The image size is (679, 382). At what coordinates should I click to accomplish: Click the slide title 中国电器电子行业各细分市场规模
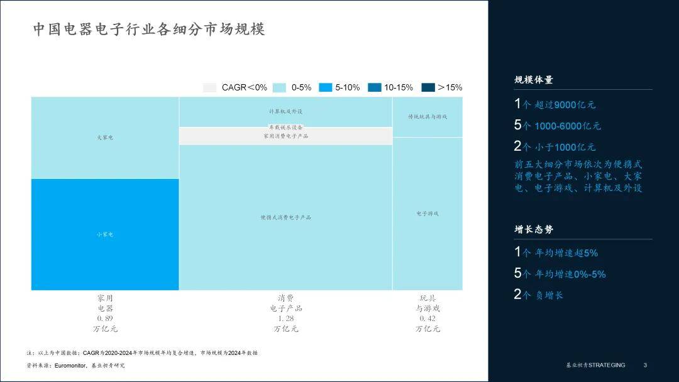(149, 30)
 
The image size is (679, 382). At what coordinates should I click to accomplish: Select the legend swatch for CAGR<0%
(210, 87)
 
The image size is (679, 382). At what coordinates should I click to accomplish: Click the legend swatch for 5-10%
(325, 87)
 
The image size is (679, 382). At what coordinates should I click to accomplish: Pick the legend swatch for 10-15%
(374, 87)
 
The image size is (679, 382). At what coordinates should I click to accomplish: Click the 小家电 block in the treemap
(105, 234)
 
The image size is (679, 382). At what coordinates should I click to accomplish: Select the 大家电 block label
(105, 137)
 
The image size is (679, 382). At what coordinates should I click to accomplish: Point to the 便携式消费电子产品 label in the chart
(285, 217)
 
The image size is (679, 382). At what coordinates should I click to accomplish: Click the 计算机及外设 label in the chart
(285, 111)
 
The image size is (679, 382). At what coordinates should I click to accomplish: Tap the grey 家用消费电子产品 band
(285, 136)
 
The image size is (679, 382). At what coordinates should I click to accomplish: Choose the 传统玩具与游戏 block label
(428, 117)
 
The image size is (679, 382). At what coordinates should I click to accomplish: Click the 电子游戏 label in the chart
(428, 214)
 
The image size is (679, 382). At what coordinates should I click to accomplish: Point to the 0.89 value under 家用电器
(105, 319)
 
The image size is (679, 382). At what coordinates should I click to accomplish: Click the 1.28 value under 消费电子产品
(285, 319)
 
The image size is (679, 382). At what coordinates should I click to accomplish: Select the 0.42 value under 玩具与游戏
(428, 319)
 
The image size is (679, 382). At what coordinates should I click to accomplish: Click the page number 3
(645, 365)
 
